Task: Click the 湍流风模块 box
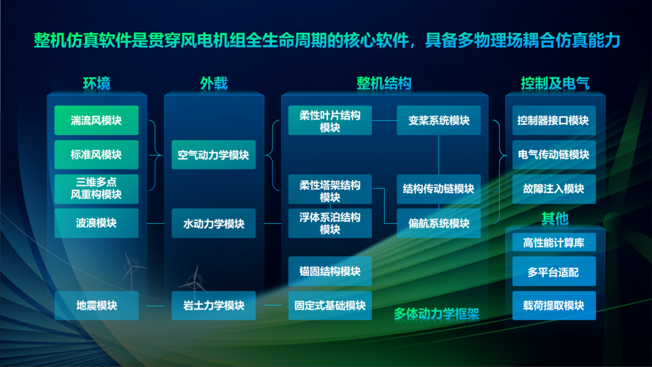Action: coord(96,120)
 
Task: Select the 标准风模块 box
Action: coord(96,155)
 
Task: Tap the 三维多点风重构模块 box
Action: coord(96,189)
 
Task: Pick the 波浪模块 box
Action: coord(96,223)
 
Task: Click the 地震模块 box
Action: coord(96,305)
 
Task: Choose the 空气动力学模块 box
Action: coord(213,155)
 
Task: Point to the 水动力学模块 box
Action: coord(213,223)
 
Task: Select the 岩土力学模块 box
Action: coord(213,305)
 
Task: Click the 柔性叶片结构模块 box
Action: coord(330,121)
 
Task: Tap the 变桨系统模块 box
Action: coord(439,120)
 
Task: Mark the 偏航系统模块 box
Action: coord(439,223)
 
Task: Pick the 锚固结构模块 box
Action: coord(330,271)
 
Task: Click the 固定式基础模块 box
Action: coord(330,305)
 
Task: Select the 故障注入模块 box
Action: coord(554,189)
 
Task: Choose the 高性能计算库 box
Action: coord(554,242)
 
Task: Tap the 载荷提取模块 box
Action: coord(554,305)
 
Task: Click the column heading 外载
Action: coord(214,83)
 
